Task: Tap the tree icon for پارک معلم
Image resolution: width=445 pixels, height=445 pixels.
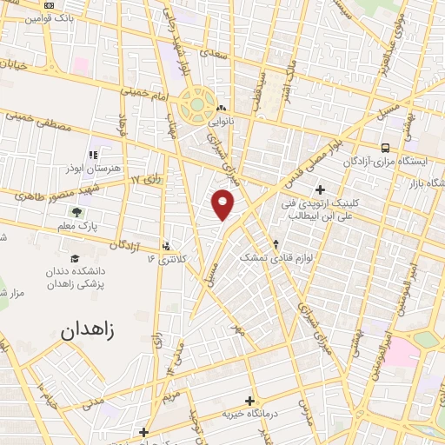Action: [78, 210]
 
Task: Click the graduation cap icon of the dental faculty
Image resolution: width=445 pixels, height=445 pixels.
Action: [76, 258]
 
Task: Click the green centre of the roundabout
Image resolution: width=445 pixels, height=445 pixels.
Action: [197, 106]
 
